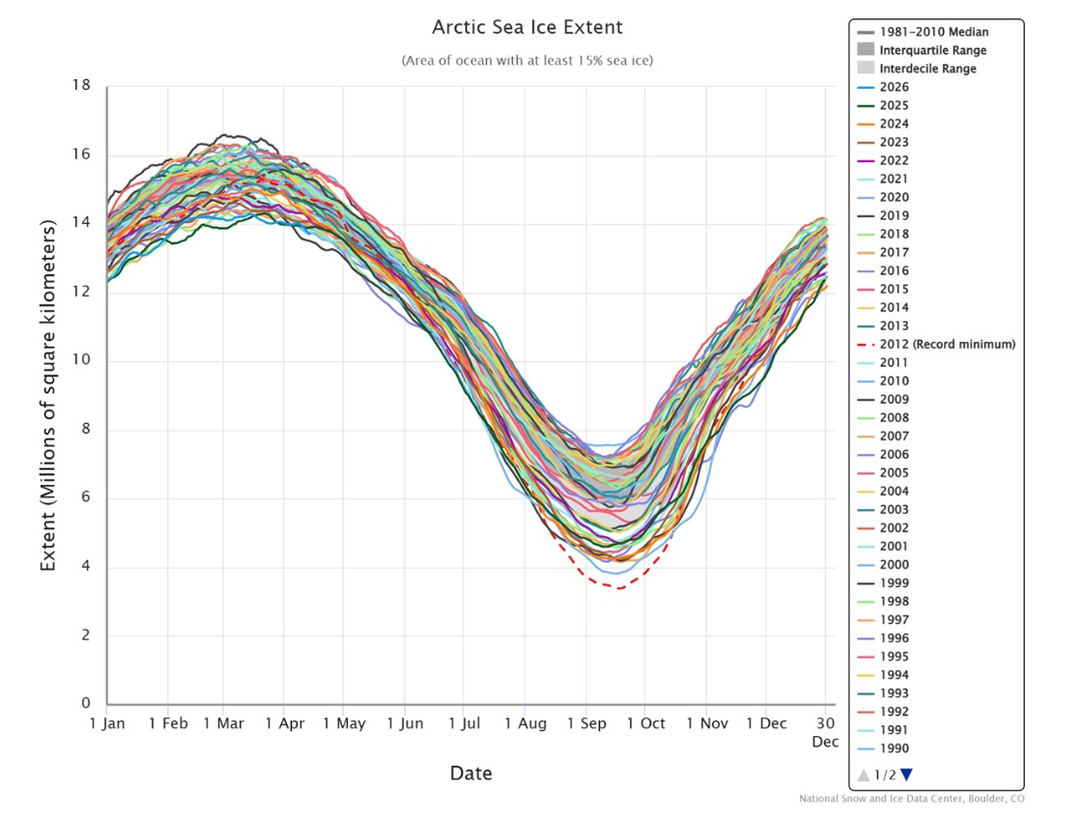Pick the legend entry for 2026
click(894, 87)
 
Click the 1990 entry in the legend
click(894, 748)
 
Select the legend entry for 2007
click(894, 436)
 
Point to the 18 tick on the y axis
click(81, 86)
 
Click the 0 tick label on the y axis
click(86, 704)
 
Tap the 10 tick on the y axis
click(81, 361)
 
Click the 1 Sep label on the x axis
click(584, 723)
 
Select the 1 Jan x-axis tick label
click(107, 723)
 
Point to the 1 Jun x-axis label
click(404, 723)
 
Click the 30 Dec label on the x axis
click(824, 731)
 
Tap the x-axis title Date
click(470, 774)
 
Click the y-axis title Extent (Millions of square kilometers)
click(47, 394)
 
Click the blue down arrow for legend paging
click(906, 774)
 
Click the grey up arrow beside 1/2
click(863, 774)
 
